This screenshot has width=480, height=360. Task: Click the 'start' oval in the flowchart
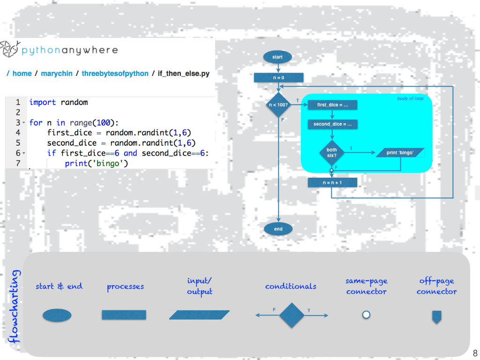coord(277,57)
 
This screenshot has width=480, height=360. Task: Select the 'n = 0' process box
coord(278,77)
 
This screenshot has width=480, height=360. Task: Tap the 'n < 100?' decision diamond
coord(278,105)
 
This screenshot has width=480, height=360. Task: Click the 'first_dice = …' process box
coord(332,105)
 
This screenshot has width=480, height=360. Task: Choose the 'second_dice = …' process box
coord(332,124)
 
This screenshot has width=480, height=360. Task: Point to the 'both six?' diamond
coord(332,153)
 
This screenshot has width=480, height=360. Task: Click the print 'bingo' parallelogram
coord(400,152)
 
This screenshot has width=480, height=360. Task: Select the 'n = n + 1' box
coord(332,182)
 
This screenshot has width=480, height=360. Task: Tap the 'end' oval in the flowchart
coord(278,229)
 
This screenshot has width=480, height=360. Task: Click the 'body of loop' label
coord(410,98)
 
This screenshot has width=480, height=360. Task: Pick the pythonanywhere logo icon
coord(9,49)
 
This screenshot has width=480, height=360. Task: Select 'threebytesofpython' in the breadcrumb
coord(115,74)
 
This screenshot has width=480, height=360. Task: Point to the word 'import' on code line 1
coord(42,102)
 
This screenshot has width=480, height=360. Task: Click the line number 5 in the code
coord(17,143)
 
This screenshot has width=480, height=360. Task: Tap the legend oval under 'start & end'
coord(57,315)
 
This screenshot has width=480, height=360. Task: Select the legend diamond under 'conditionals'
coord(292,315)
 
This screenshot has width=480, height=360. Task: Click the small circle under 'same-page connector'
coord(366,315)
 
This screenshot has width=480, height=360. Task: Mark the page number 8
coord(475,353)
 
